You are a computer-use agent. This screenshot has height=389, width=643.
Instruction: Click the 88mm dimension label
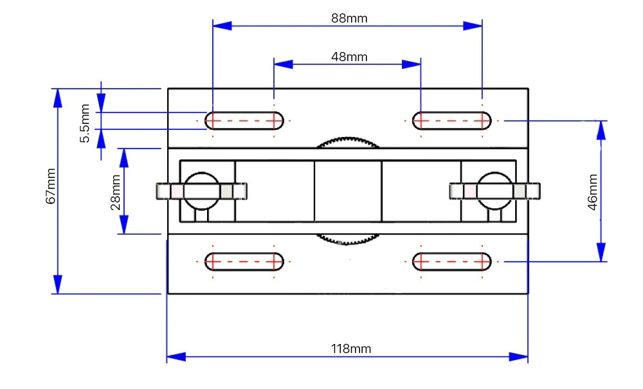point(349,18)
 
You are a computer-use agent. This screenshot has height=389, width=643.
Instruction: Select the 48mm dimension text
point(349,57)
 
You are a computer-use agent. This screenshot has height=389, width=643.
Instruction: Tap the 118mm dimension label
point(351,349)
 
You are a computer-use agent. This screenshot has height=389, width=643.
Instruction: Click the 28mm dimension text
point(116,192)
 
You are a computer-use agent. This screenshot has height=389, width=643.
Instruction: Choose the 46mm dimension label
point(593,191)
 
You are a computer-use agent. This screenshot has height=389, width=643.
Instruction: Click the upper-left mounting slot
point(244,120)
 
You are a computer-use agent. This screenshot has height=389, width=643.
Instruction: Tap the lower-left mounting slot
point(244,262)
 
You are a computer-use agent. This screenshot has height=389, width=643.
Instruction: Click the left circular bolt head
point(201,191)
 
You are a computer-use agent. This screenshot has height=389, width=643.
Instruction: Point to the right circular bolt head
point(495,191)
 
